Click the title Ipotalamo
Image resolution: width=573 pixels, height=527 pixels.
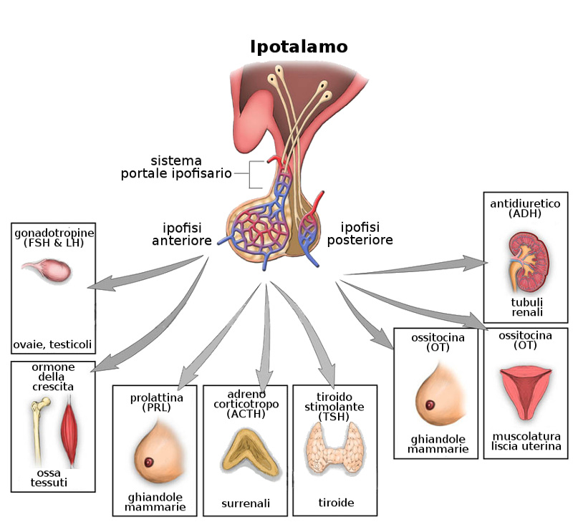[299, 47]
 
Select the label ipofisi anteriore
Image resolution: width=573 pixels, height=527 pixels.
[182, 235]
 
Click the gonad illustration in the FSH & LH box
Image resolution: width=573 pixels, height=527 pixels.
[47, 270]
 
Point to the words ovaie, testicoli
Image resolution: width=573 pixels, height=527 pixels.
[52, 344]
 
